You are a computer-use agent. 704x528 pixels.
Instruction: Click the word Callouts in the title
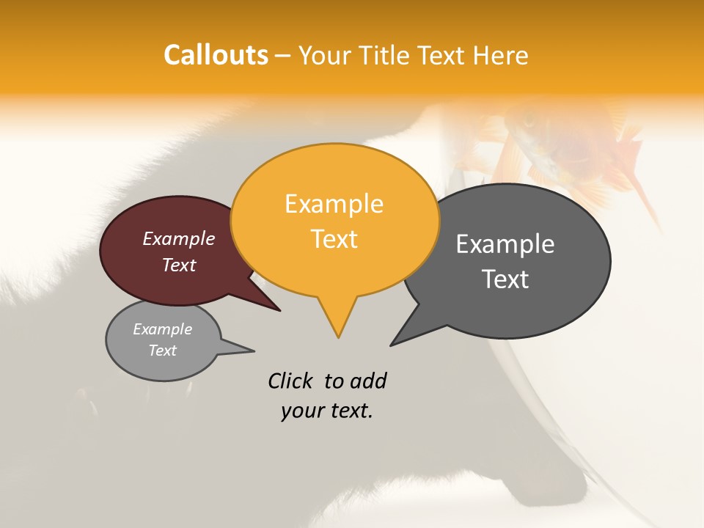click(216, 55)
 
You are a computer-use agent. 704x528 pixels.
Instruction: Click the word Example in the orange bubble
click(334, 204)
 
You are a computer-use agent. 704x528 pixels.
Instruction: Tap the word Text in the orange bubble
click(334, 239)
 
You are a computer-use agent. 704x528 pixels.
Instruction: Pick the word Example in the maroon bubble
click(179, 239)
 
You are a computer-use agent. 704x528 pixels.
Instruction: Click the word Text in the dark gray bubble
click(505, 279)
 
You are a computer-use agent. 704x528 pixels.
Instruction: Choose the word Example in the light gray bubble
click(162, 329)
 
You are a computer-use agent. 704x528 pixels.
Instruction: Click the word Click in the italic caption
click(290, 381)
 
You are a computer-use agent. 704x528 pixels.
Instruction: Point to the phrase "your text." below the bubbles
click(327, 411)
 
